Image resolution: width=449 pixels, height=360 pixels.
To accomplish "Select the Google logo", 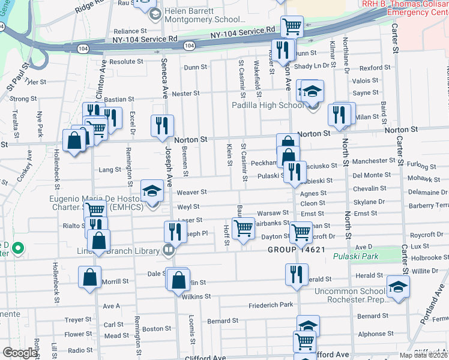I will point(19,353).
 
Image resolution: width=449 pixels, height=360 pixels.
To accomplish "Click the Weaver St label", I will point(191,192).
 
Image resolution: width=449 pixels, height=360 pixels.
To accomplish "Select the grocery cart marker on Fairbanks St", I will point(243,228).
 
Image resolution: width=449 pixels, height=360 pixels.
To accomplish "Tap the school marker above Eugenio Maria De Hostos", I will point(152,191).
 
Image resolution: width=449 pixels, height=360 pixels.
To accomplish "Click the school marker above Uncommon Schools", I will point(398,286).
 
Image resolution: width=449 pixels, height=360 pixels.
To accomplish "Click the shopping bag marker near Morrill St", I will point(89,277).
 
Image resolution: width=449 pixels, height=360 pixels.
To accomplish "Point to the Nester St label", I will point(185,94).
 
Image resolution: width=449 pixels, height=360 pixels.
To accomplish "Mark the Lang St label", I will point(110,170).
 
